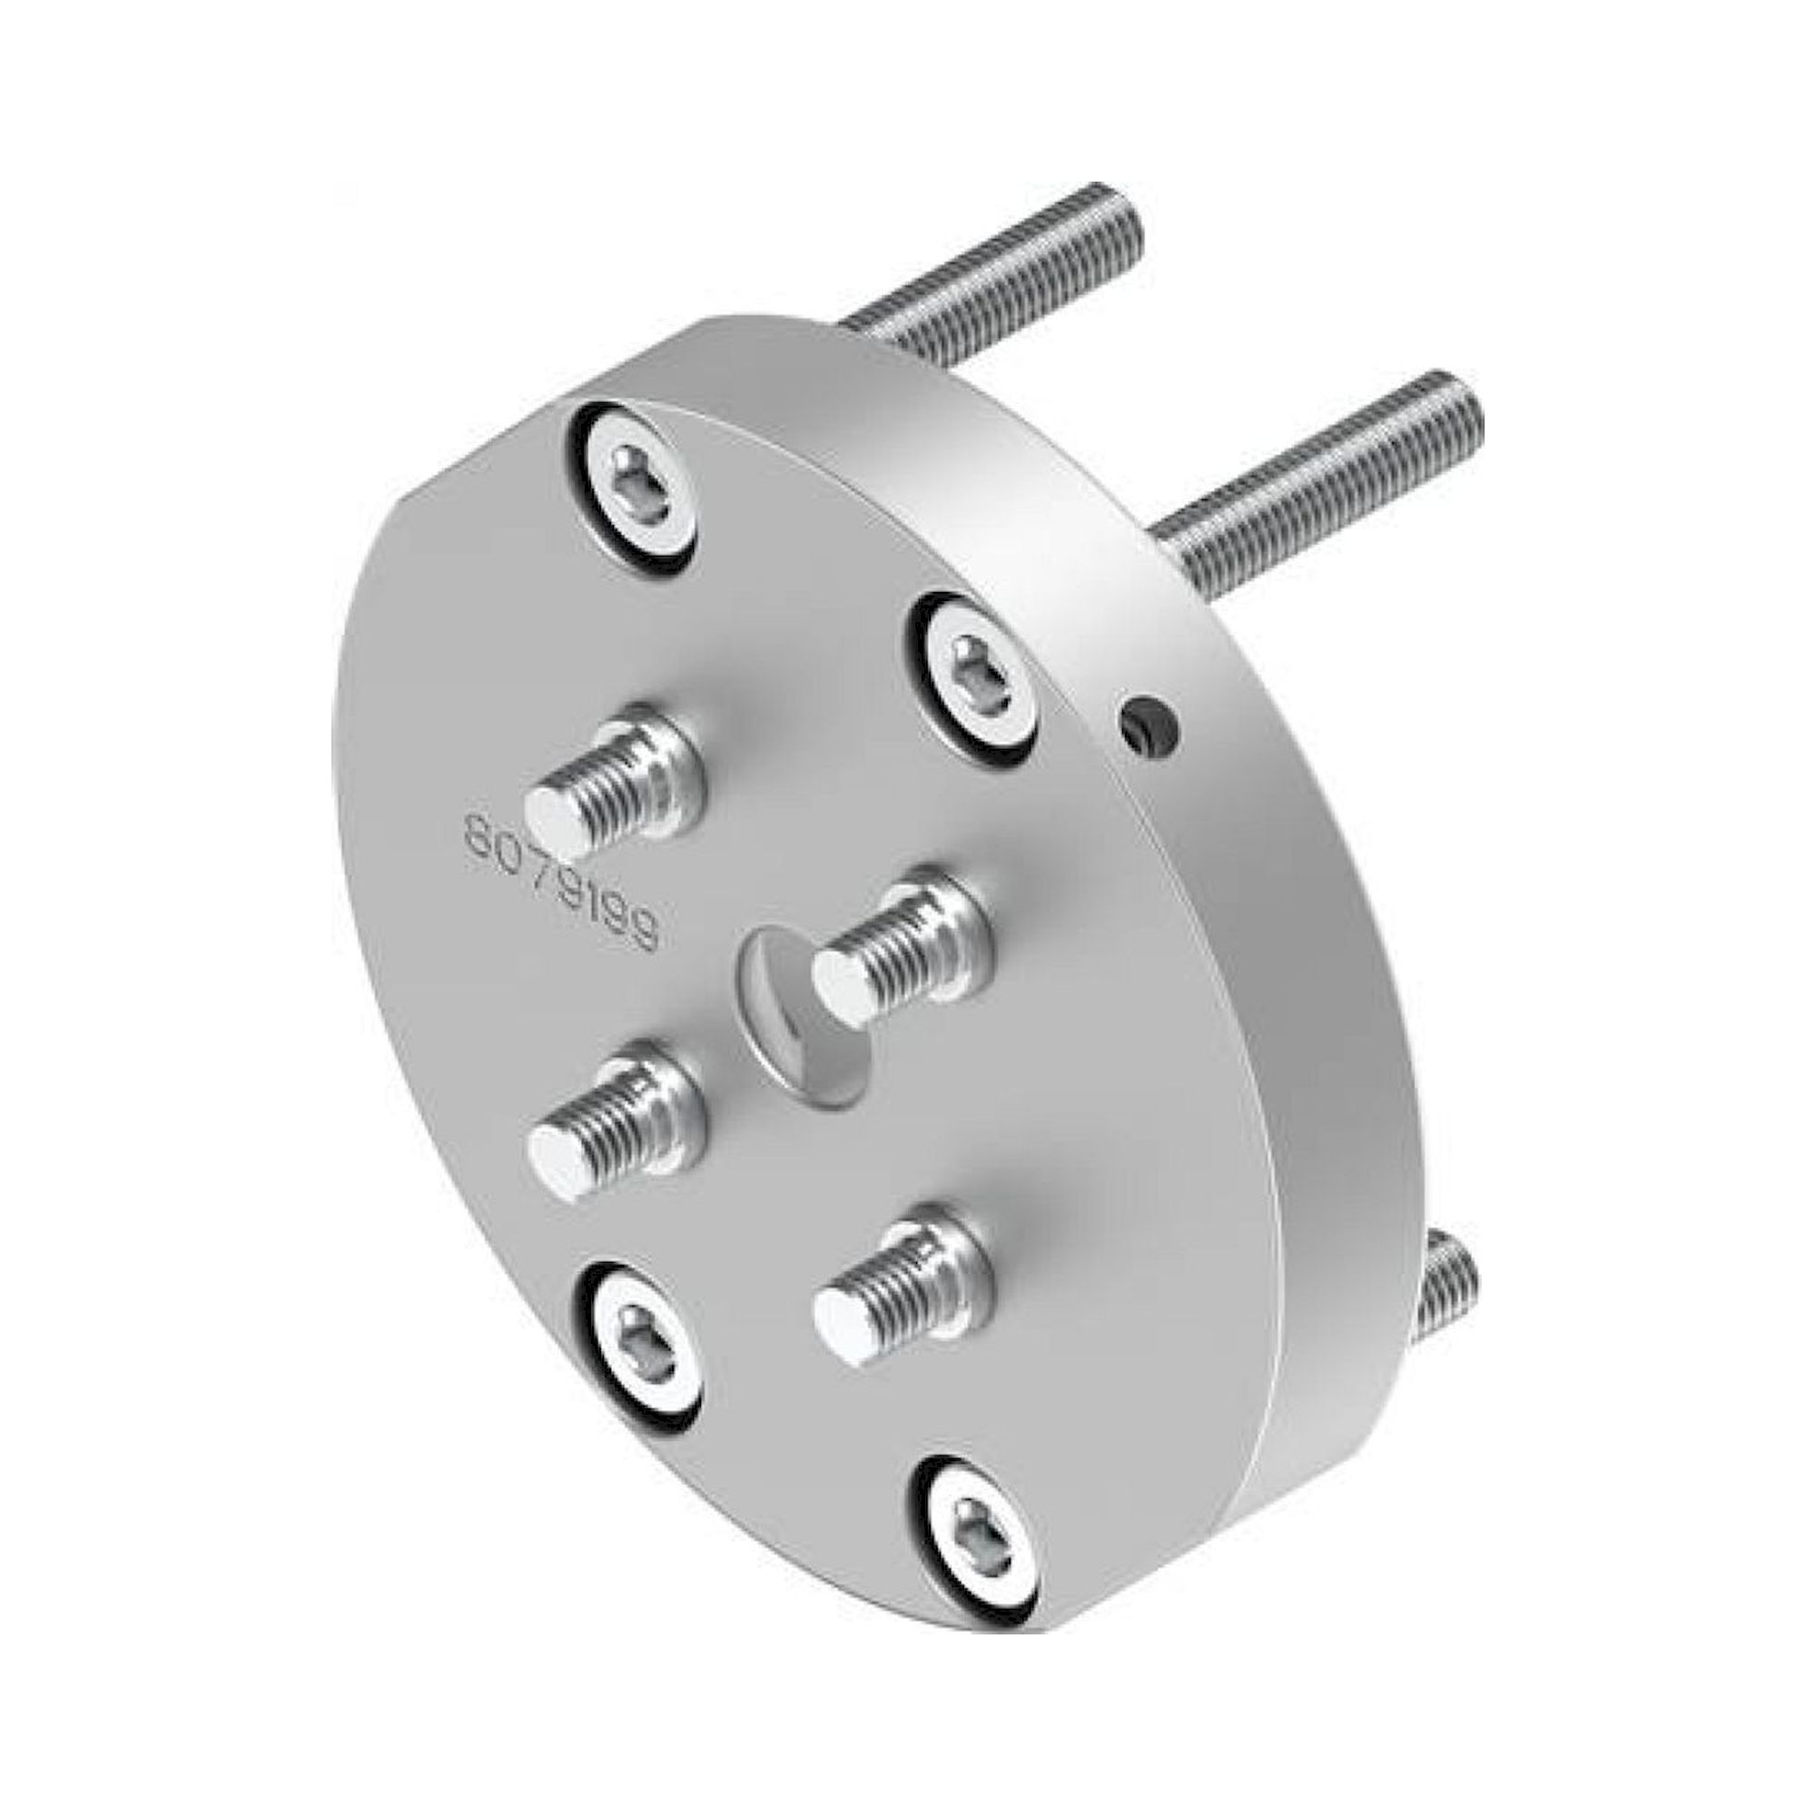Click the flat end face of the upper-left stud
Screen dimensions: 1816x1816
point(558,823)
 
